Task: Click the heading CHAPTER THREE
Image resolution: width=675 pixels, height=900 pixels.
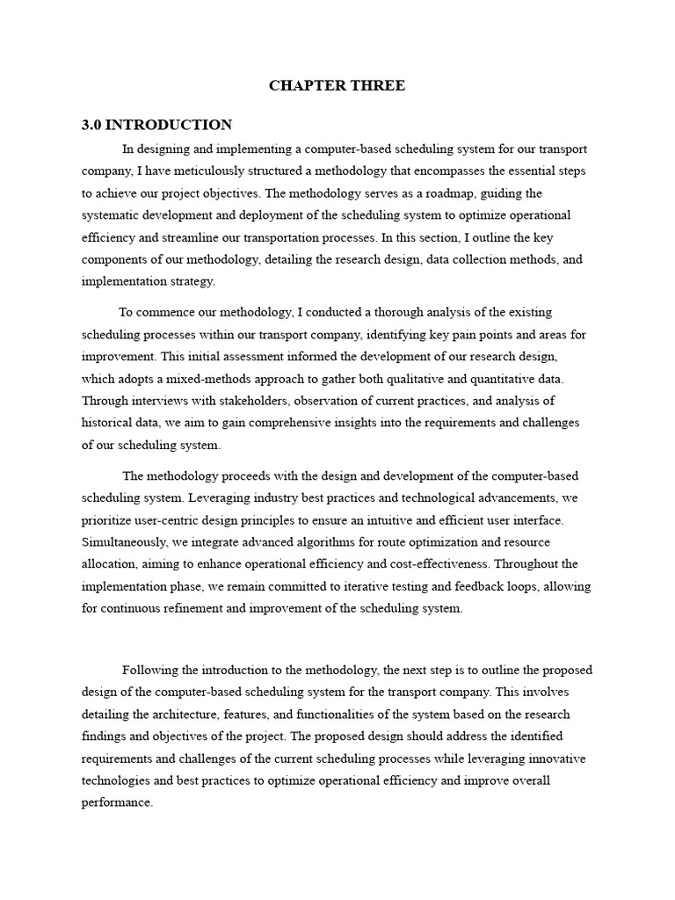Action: click(x=337, y=85)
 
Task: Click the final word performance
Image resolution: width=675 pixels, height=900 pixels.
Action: click(x=116, y=802)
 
